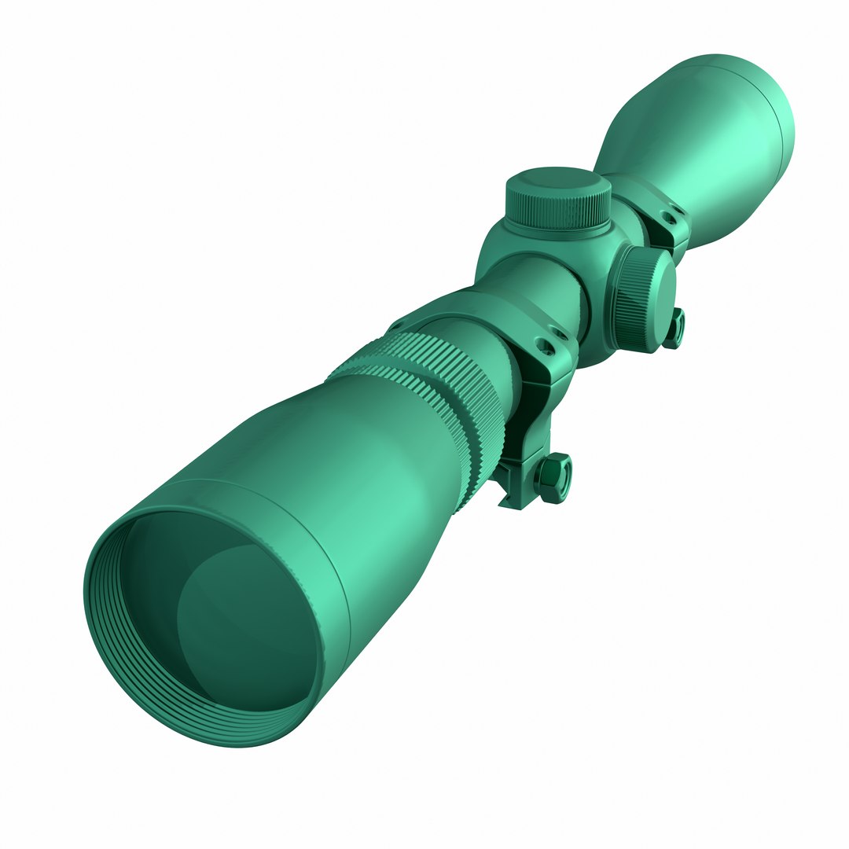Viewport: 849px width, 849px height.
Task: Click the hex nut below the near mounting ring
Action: click(553, 476)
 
